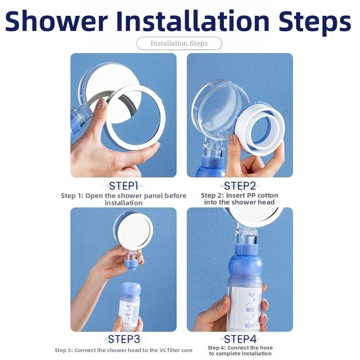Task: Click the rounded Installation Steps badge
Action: [x=179, y=44]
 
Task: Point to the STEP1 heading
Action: [x=123, y=186]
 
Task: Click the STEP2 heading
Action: [x=240, y=186]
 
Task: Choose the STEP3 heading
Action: [x=123, y=339]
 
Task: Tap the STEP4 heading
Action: [x=240, y=339]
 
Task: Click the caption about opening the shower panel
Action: [x=123, y=199]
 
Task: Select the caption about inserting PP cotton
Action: [x=239, y=199]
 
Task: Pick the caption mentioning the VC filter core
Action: [x=123, y=350]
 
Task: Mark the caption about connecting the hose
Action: [x=240, y=351]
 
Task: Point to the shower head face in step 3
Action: [x=134, y=230]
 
